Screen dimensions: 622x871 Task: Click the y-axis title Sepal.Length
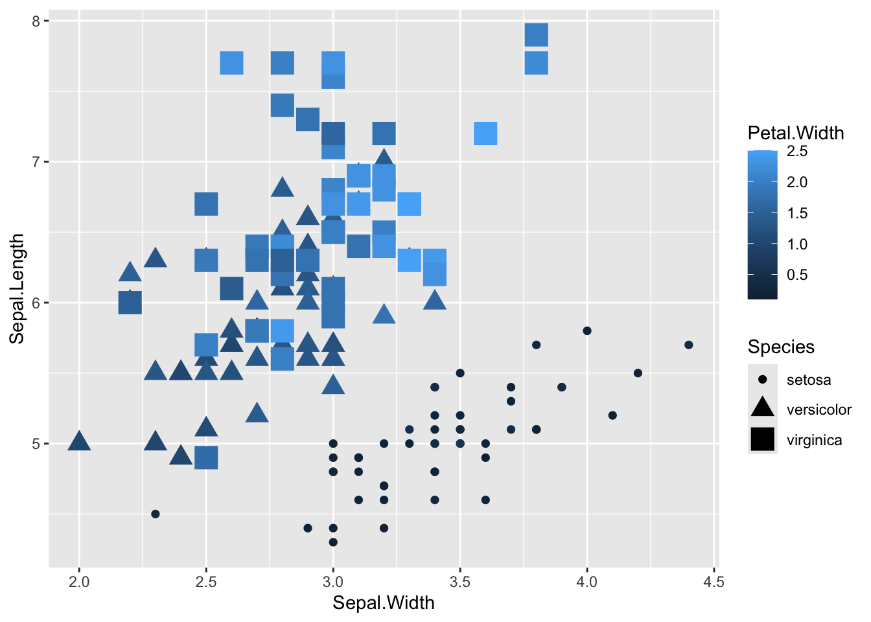[x=17, y=289]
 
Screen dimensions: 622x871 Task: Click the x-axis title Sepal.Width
[x=383, y=603]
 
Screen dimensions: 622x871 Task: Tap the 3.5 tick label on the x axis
[x=460, y=582]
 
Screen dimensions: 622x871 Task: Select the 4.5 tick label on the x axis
[x=714, y=582]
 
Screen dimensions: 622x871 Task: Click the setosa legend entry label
[x=808, y=380]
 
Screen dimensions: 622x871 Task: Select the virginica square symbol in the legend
[x=763, y=439]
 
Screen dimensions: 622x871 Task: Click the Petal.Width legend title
[x=795, y=133]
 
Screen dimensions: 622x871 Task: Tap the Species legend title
[x=780, y=347]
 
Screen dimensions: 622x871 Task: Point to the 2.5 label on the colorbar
[x=796, y=151]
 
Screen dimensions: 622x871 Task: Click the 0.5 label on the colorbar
[x=796, y=275]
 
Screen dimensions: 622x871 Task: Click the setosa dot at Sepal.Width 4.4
[x=688, y=345]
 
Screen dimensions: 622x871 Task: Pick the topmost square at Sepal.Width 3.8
[x=536, y=35]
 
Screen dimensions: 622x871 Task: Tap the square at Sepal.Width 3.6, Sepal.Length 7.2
[x=485, y=133]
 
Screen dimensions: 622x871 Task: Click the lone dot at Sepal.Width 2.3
[x=156, y=514]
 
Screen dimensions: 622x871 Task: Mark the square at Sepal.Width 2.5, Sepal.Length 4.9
[x=206, y=457]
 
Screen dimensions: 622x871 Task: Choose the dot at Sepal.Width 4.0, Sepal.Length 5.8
[x=587, y=330]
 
